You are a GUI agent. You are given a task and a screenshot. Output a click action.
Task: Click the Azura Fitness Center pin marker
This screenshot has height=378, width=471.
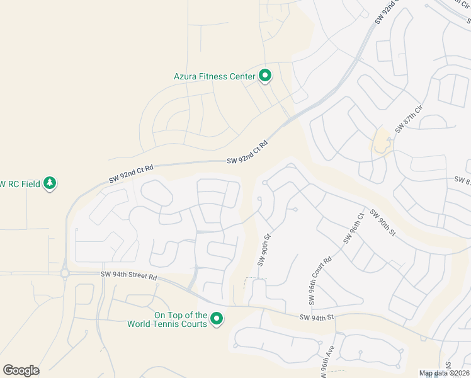pyautogui.click(x=265, y=76)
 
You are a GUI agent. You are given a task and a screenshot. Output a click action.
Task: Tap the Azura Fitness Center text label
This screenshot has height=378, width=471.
pyautogui.click(x=214, y=77)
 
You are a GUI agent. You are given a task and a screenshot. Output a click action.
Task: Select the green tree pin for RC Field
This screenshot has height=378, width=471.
pyautogui.click(x=50, y=183)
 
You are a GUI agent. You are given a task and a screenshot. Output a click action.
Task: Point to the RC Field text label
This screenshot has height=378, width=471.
pyautogui.click(x=19, y=184)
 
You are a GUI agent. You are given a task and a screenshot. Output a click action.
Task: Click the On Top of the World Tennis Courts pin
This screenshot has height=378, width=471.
pyautogui.click(x=217, y=319)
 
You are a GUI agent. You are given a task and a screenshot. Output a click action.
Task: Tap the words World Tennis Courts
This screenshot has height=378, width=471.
pyautogui.click(x=167, y=324)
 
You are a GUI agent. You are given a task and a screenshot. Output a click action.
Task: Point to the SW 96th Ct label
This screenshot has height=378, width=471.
pyautogui.click(x=354, y=227)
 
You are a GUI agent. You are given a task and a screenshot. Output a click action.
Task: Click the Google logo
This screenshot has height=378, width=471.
pyautogui.click(x=21, y=370)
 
